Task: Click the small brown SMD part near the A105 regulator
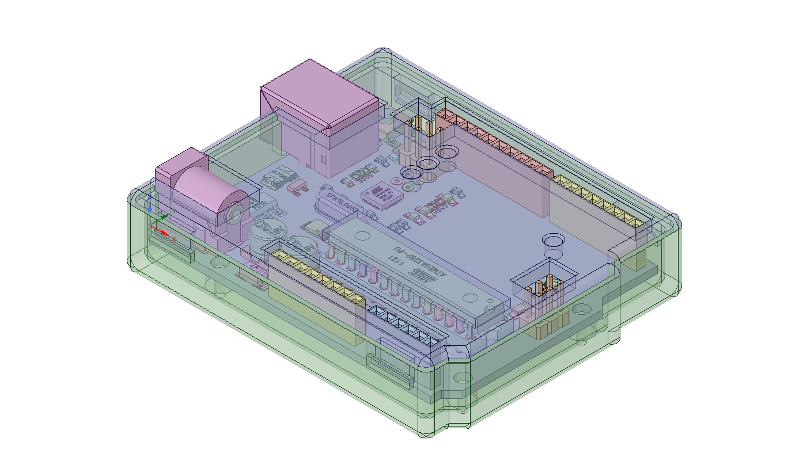(297, 186)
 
